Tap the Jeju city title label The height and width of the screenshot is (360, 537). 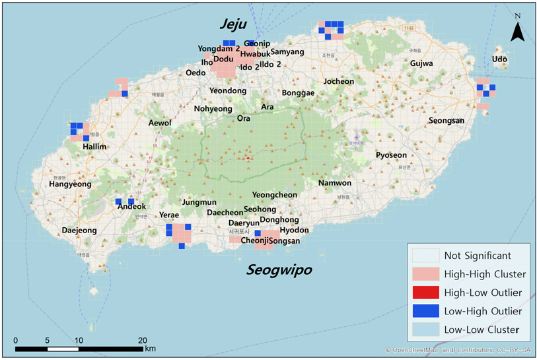[x=233, y=24]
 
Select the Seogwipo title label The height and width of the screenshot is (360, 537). [x=279, y=270]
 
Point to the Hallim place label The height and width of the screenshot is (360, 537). [x=94, y=147]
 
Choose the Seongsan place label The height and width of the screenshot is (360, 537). [x=447, y=121]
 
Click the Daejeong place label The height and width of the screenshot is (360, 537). [x=79, y=231]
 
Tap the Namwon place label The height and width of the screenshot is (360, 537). [x=335, y=183]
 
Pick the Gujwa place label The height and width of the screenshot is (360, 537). [x=421, y=63]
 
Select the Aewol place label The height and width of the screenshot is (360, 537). [x=159, y=123]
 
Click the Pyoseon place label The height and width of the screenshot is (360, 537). [x=391, y=155]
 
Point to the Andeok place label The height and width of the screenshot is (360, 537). [x=131, y=207]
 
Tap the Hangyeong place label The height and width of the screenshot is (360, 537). [x=70, y=185]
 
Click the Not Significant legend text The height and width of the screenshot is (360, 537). [x=477, y=255]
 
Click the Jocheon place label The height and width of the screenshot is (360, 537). [x=338, y=82]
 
